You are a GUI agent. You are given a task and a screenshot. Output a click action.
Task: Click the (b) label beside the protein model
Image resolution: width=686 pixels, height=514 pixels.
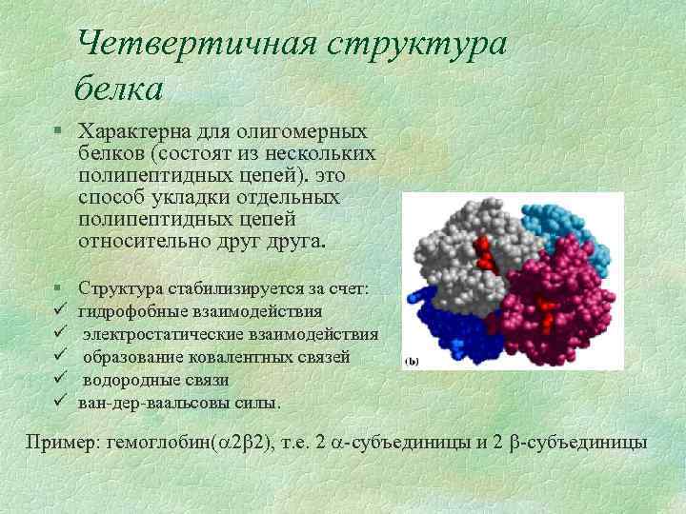[412, 361]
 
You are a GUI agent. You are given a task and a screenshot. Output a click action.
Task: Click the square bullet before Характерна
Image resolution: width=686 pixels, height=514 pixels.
[59, 130]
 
